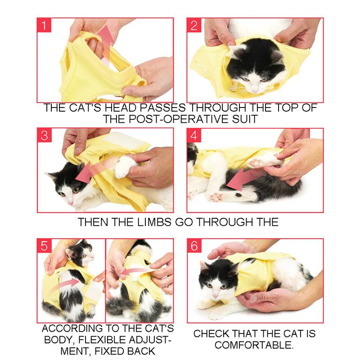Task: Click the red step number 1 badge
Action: coord(44,25)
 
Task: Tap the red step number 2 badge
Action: coord(194,25)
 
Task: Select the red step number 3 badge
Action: coord(44,135)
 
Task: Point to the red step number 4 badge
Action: coord(194,135)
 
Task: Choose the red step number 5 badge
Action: coord(44,246)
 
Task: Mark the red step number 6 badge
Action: coord(194,246)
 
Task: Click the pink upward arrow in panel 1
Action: coord(105,42)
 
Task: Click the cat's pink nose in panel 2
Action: coord(255,90)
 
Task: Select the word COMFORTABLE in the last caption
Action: coord(254,345)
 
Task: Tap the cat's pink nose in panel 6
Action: coord(215,296)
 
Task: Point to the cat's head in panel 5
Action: coord(81,253)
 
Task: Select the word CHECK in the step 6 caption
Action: coord(211,333)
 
